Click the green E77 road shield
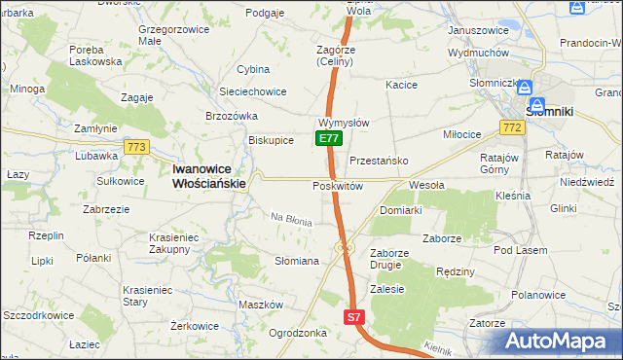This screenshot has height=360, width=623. point(329,139)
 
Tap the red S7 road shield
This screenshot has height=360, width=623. point(355,317)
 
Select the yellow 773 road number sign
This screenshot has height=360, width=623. point(135,147)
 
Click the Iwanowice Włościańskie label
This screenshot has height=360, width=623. point(208,174)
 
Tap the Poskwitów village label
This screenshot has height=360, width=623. point(338,186)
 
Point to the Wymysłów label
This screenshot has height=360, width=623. point(343,123)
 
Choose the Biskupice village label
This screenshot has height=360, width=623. point(272,139)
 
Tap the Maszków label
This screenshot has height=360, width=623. point(260,305)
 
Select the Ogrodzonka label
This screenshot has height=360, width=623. point(297,332)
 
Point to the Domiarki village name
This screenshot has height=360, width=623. point(400,210)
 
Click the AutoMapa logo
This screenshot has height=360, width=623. point(560,340)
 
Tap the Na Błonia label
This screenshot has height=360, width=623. point(291,221)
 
